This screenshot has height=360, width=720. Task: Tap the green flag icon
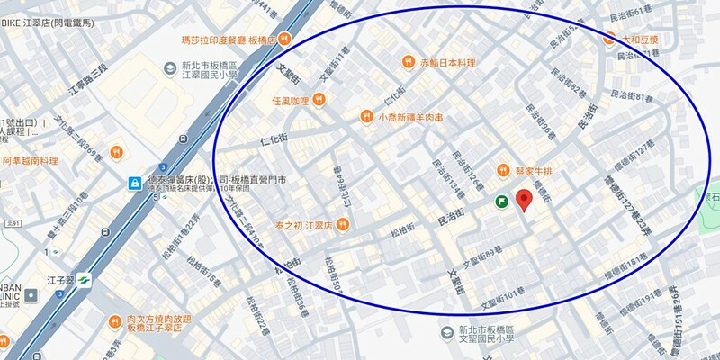(502, 203)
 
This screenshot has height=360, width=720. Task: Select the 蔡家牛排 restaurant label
(538, 171)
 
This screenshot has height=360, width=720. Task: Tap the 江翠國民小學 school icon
(168, 69)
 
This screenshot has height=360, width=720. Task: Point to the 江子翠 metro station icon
(84, 279)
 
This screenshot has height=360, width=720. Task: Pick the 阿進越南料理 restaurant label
(29, 160)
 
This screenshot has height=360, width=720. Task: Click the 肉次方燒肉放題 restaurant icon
(115, 321)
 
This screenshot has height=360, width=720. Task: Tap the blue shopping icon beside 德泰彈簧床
(134, 184)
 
